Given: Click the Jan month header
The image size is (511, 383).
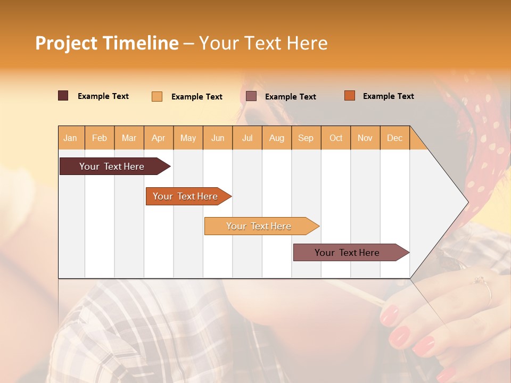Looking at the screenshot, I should pyautogui.click(x=71, y=138).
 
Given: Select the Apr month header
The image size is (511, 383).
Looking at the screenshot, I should pyautogui.click(x=159, y=138).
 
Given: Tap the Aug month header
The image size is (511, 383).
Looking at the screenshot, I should pyautogui.click(x=277, y=138).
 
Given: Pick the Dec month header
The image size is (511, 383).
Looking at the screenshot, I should pyautogui.click(x=395, y=138).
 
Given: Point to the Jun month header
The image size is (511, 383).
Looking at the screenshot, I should pyautogui.click(x=218, y=138).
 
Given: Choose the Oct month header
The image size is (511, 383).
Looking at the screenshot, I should pyautogui.click(x=336, y=138).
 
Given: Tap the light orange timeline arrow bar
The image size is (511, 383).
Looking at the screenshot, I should pyautogui.click(x=259, y=226).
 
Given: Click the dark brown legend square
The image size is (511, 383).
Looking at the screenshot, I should pyautogui.click(x=63, y=96).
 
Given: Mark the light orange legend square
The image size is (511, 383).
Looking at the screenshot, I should pyautogui.click(x=157, y=96).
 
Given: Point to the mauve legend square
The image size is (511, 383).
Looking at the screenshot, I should pyautogui.click(x=251, y=96).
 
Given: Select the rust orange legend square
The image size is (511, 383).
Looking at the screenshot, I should pyautogui.click(x=350, y=96).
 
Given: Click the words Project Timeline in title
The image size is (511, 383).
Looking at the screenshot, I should pyautogui.click(x=106, y=43).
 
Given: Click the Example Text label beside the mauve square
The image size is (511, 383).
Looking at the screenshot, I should pyautogui.click(x=291, y=97).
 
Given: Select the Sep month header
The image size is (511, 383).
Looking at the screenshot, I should pyautogui.click(x=306, y=138).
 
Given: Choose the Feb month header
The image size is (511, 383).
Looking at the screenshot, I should pyautogui.click(x=100, y=138).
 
